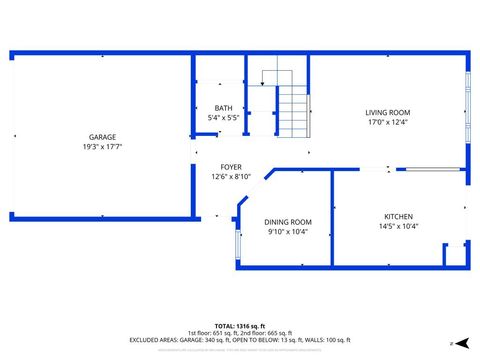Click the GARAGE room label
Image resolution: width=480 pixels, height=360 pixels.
(x=103, y=136)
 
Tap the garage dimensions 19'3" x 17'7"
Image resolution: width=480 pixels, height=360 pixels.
(x=103, y=146)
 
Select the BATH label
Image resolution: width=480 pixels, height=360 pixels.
(x=223, y=108)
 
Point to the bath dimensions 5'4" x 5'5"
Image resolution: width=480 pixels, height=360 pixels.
(x=223, y=118)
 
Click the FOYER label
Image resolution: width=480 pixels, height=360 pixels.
(x=231, y=167)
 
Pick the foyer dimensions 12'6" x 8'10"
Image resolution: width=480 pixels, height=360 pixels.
(x=231, y=177)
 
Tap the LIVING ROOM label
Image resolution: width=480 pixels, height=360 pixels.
(x=387, y=112)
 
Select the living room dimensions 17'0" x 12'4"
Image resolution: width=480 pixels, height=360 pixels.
(x=387, y=122)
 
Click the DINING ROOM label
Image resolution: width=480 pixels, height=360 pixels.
(x=288, y=222)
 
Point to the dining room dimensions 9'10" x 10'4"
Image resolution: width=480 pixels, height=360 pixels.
(x=288, y=232)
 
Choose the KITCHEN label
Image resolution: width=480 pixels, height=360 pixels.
(x=398, y=217)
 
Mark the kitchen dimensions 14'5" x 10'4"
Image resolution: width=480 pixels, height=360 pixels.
(x=398, y=227)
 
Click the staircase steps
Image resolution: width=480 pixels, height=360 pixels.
(x=292, y=111)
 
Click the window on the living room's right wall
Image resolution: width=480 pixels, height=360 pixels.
(x=466, y=100)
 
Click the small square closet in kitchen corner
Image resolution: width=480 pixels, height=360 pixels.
(x=455, y=254)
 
